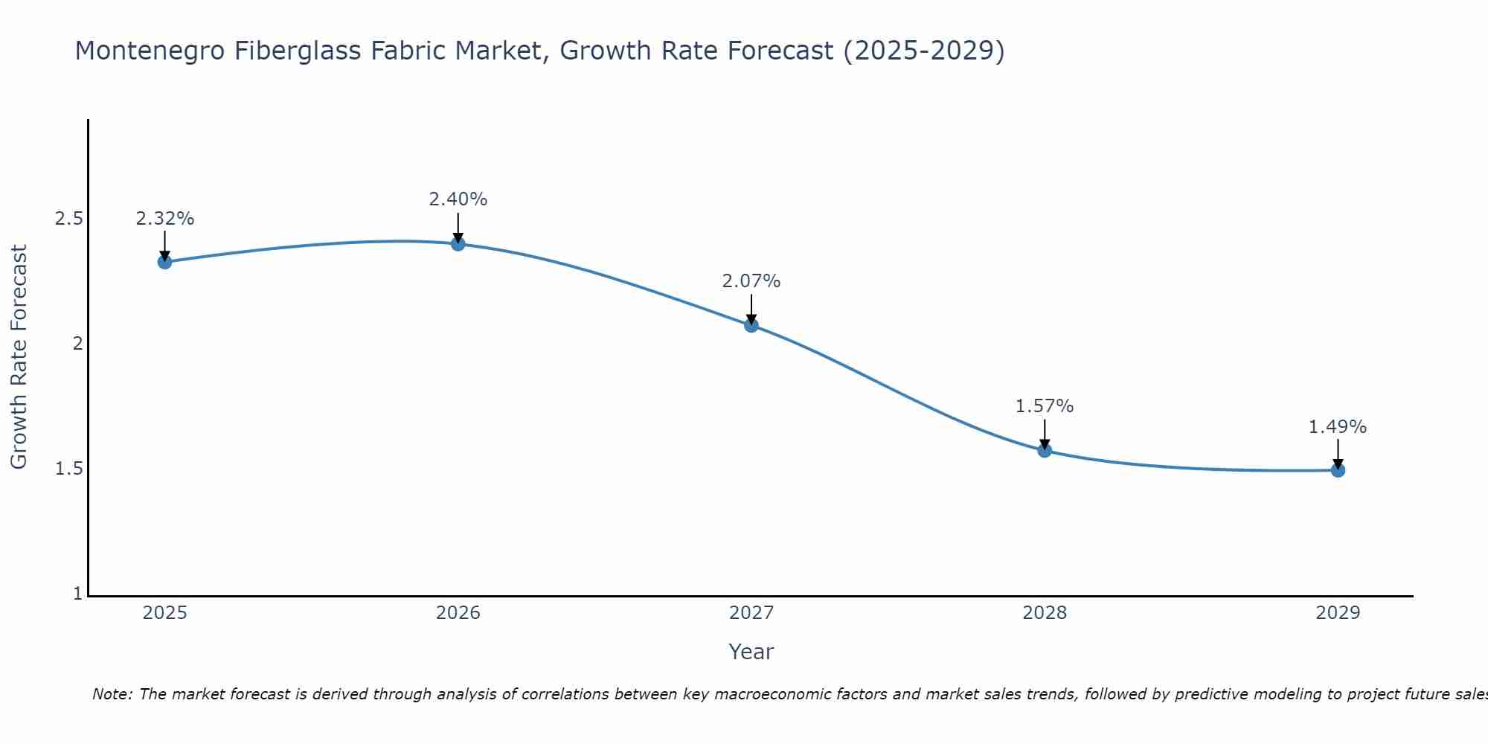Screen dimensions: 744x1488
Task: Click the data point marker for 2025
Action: pos(164,262)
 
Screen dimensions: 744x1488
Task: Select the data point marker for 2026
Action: pos(458,244)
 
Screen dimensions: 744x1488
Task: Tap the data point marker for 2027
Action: pos(751,325)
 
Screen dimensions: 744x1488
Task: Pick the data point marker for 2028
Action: pos(1044,450)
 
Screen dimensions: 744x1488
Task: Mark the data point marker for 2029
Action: pos(1337,470)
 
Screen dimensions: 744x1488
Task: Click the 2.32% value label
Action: pos(164,219)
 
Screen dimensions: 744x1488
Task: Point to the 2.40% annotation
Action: pos(458,199)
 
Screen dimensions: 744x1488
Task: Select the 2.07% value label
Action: pos(751,281)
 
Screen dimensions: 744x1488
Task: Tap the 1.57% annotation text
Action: pos(1044,406)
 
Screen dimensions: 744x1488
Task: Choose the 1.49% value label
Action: pos(1337,427)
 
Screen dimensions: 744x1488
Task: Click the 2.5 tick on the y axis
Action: pos(68,219)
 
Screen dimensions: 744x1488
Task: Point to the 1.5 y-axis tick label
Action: pos(68,469)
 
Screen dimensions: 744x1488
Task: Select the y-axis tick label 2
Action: pos(77,344)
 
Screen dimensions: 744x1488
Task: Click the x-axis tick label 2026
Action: pos(458,613)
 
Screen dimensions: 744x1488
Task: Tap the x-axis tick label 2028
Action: pos(1044,613)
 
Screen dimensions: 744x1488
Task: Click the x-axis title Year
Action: pos(751,652)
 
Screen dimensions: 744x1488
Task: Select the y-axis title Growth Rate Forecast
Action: pos(19,357)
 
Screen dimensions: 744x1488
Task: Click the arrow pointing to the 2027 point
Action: pos(751,309)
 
